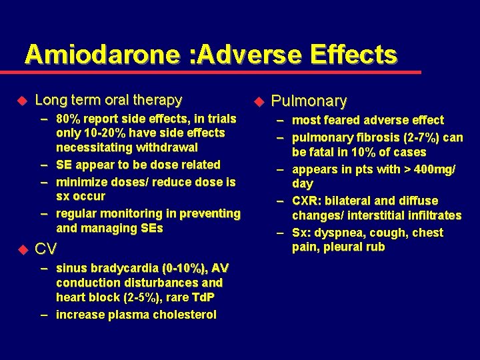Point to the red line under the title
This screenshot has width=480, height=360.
(x=220, y=72)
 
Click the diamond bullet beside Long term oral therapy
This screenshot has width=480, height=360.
(x=21, y=101)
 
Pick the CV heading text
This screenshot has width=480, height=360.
(x=45, y=249)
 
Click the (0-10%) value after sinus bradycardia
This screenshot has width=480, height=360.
(x=183, y=268)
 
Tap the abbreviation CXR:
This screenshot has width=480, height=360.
(x=309, y=201)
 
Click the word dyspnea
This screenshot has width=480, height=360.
(x=338, y=233)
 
